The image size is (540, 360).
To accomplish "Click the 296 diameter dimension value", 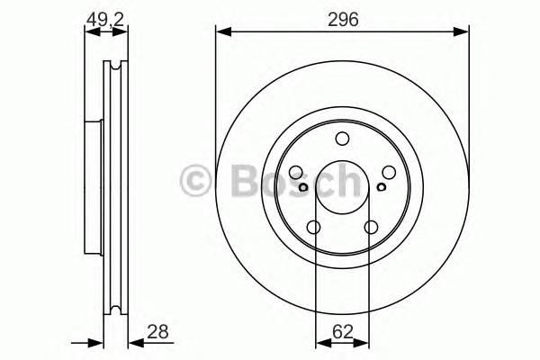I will pyautogui.click(x=343, y=19).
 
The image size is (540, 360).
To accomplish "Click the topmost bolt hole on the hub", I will pyautogui.click(x=342, y=139).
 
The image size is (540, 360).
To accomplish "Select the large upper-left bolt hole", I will pyautogui.click(x=297, y=173).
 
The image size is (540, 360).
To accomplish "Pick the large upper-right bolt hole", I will pyautogui.click(x=388, y=173).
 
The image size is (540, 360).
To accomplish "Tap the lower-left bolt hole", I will pyautogui.click(x=314, y=228).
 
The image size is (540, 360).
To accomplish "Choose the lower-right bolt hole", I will pyautogui.click(x=371, y=228).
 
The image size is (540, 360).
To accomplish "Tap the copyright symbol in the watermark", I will pyautogui.click(x=196, y=180).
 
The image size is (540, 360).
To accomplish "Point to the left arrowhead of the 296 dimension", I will pyautogui.click(x=220, y=33).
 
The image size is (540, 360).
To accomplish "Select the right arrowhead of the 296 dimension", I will pyautogui.click(x=465, y=33).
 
